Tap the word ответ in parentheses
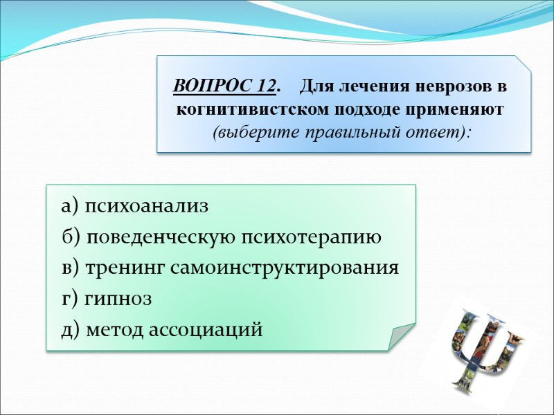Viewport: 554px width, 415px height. (x=434, y=131)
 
